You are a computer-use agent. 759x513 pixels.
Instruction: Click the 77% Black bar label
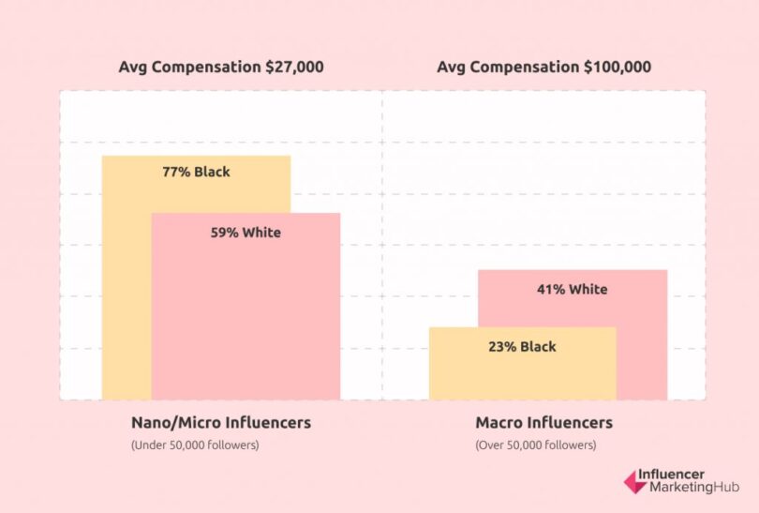coord(195,172)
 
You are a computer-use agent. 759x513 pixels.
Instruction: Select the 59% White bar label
coord(246,233)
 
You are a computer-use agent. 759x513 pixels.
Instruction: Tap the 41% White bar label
coord(572,289)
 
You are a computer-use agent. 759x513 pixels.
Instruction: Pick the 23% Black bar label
coord(522,346)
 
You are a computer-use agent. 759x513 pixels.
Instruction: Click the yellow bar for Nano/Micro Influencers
coord(126,281)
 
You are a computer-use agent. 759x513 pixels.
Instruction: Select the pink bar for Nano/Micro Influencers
coord(246,319)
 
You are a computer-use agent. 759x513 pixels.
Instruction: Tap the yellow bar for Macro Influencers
coord(522,370)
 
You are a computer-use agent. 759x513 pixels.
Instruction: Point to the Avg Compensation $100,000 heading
coord(543,67)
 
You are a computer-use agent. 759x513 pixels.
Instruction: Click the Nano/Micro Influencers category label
coord(220,423)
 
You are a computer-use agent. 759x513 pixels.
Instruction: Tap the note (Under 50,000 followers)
coord(194,445)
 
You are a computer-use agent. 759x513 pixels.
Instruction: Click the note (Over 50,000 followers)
coord(535,445)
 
